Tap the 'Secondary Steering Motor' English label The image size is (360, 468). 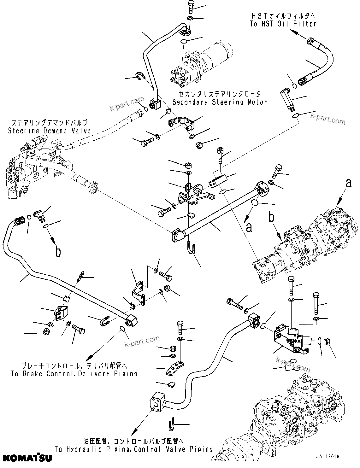(x=219, y=102)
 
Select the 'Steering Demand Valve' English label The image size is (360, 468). (x=49, y=131)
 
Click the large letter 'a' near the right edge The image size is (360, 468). (x=348, y=183)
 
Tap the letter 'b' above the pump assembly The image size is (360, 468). (x=271, y=218)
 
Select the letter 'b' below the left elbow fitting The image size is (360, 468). (x=58, y=251)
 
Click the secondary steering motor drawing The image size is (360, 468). (x=202, y=65)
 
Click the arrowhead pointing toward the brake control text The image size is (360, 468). (x=89, y=358)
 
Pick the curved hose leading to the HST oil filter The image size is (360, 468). (x=319, y=63)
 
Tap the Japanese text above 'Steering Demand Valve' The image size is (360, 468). (x=49, y=123)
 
